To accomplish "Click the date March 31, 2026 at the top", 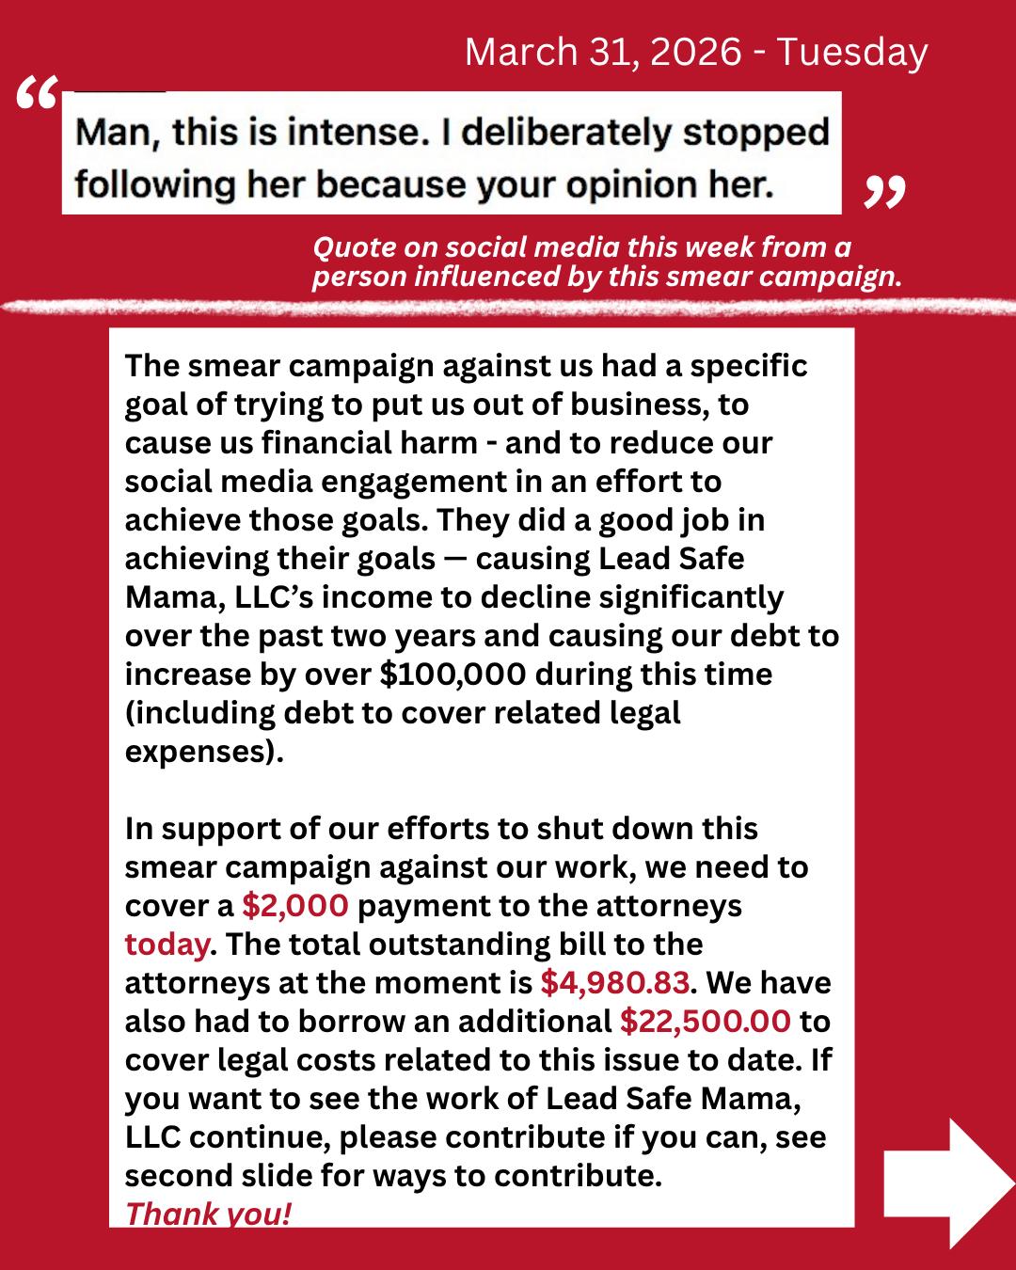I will pyautogui.click(x=603, y=53).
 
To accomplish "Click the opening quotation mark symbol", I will pyautogui.click(x=38, y=95).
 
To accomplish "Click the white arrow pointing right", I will pyautogui.click(x=945, y=1183).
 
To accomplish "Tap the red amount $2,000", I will pyautogui.click(x=295, y=906).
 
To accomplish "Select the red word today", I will pyautogui.click(x=167, y=945).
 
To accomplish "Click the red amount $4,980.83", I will pyautogui.click(x=615, y=983).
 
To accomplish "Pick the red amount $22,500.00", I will pyautogui.click(x=706, y=1022).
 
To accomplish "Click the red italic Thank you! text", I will pyautogui.click(x=209, y=1214).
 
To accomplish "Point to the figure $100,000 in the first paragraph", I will pyautogui.click(x=452, y=675).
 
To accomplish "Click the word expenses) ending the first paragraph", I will pyautogui.click(x=204, y=752).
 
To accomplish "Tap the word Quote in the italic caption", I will pyautogui.click(x=355, y=247).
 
